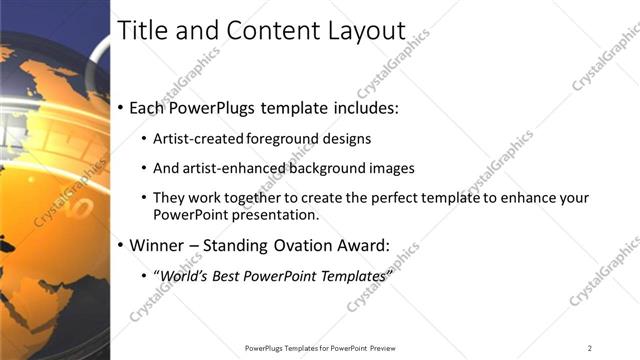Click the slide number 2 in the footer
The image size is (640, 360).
[590, 348]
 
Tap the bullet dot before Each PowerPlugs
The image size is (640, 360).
[121, 107]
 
